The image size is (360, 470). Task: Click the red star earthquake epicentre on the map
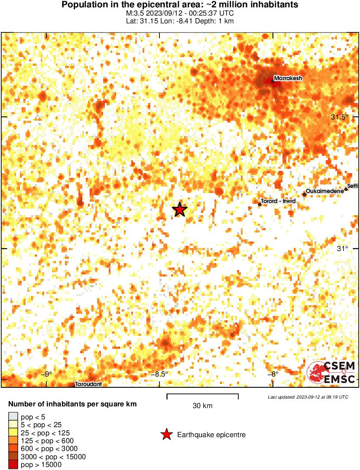coord(179,209)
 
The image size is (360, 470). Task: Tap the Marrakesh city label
coord(288,78)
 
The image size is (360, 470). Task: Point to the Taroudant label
coord(88,384)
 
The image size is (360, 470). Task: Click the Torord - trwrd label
coord(278,201)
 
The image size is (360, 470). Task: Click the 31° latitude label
coord(343,248)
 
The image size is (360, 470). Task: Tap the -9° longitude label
coord(45,374)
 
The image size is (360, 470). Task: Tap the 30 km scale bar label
coord(202,406)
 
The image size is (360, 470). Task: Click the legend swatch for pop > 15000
coord(13,464)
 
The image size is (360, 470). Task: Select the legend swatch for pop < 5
coord(13,417)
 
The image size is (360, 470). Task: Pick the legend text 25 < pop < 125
coord(45,433)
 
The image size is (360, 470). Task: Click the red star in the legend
coord(166,435)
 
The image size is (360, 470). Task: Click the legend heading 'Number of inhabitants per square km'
coord(72,404)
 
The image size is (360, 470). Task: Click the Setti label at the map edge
coord(353,186)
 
